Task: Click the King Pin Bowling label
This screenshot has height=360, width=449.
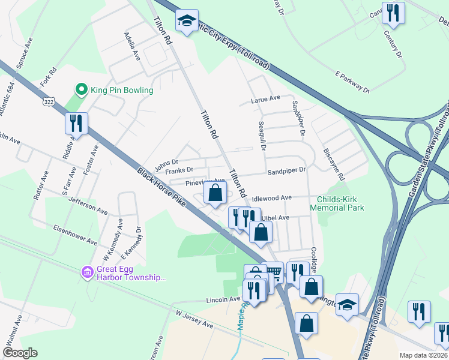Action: point(122,91)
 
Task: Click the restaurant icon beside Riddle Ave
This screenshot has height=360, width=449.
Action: point(77,124)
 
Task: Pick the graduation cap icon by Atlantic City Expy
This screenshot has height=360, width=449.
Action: point(187,21)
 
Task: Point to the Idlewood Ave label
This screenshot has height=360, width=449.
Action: point(272,198)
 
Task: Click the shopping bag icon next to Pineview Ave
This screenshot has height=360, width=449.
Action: point(215,193)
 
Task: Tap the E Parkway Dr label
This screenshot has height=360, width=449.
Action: point(352,82)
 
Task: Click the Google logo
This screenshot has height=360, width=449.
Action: point(20,353)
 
